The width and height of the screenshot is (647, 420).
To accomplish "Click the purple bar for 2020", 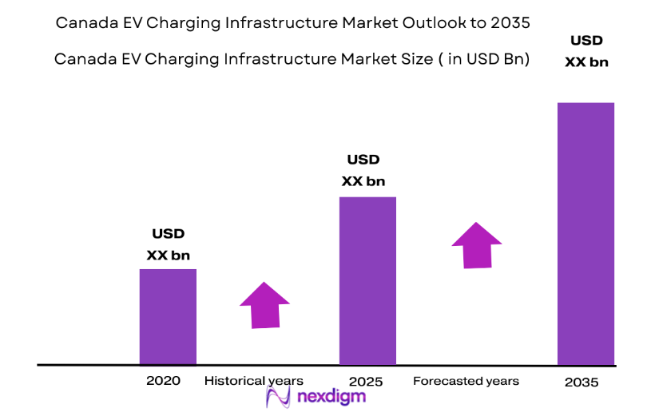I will pyautogui.click(x=168, y=316).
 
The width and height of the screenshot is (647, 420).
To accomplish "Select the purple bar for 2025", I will pyautogui.click(x=367, y=280).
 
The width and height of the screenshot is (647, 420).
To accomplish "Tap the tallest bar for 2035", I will pyautogui.click(x=585, y=233).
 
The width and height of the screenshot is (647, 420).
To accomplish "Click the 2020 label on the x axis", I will pyautogui.click(x=163, y=381).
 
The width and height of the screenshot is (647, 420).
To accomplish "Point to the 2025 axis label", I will pyautogui.click(x=366, y=381).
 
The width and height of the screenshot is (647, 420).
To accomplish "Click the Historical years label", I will pyautogui.click(x=254, y=381).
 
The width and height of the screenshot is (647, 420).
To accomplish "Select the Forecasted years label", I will pyautogui.click(x=466, y=381).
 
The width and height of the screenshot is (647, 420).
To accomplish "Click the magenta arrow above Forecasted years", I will pyautogui.click(x=477, y=244).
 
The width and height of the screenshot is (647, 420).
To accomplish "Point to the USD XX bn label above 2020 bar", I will pyautogui.click(x=169, y=245).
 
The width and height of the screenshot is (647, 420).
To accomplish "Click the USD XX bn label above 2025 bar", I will pyautogui.click(x=363, y=171).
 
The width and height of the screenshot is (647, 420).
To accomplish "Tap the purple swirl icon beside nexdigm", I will pyautogui.click(x=279, y=398).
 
